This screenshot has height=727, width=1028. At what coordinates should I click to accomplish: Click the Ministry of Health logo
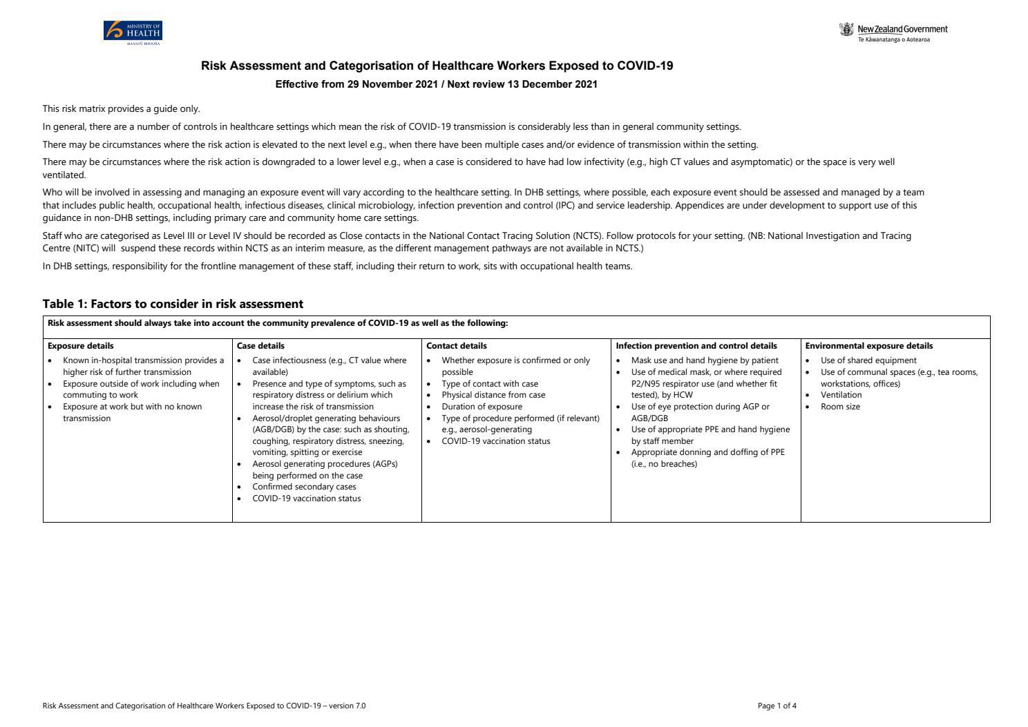click(x=133, y=32)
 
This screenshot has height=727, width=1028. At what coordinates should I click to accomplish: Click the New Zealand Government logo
click(x=893, y=32)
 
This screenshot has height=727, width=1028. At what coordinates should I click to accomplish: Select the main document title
click(x=437, y=66)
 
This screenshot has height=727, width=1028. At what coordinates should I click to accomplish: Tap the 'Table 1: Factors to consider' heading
click(x=173, y=304)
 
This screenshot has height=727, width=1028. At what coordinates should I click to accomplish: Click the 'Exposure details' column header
click(x=81, y=346)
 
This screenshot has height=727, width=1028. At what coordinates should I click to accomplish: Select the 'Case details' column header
click(x=260, y=346)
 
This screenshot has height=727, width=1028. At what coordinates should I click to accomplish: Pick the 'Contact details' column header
click(x=456, y=346)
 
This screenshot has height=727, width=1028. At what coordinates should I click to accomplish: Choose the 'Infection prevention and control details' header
click(x=696, y=346)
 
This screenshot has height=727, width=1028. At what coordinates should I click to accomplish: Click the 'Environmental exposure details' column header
click(x=868, y=346)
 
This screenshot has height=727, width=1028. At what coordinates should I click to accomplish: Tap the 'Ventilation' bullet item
click(x=841, y=395)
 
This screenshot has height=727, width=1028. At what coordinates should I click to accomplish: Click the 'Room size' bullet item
click(x=840, y=407)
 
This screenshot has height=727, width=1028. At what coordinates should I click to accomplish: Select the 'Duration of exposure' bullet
click(x=482, y=407)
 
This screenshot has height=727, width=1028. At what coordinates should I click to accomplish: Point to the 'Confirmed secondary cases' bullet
click(x=304, y=487)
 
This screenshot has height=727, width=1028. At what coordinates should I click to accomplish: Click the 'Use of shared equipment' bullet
click(x=868, y=360)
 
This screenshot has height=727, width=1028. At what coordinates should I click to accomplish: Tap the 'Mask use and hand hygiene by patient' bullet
click(x=705, y=360)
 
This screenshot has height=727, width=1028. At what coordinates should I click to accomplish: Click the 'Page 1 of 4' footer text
click(x=777, y=706)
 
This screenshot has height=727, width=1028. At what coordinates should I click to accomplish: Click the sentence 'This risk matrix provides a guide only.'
click(x=121, y=108)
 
